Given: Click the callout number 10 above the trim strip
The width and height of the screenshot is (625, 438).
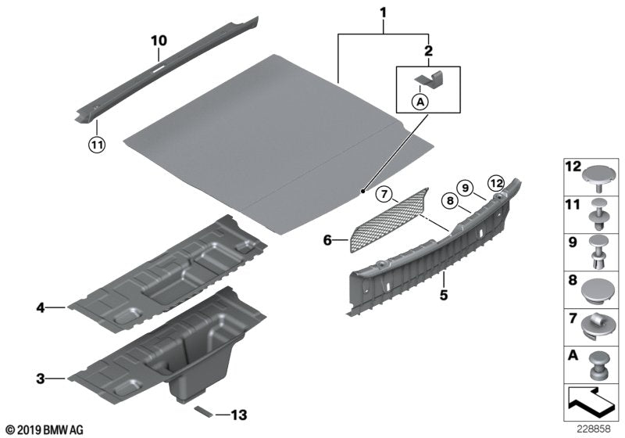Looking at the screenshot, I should click(159, 40).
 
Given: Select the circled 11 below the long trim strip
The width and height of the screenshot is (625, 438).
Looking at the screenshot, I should click(95, 144).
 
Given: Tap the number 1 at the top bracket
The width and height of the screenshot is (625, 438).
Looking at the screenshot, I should click(383, 13).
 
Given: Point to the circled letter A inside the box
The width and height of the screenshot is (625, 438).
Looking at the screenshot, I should click(420, 100).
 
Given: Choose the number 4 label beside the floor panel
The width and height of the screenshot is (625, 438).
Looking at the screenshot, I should click(40, 308).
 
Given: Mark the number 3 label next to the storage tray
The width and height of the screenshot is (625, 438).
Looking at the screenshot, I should click(40, 379).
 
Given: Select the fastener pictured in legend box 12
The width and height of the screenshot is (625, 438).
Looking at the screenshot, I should click(598, 174).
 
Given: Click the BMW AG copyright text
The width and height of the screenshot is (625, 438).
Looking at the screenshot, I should click(43, 430).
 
